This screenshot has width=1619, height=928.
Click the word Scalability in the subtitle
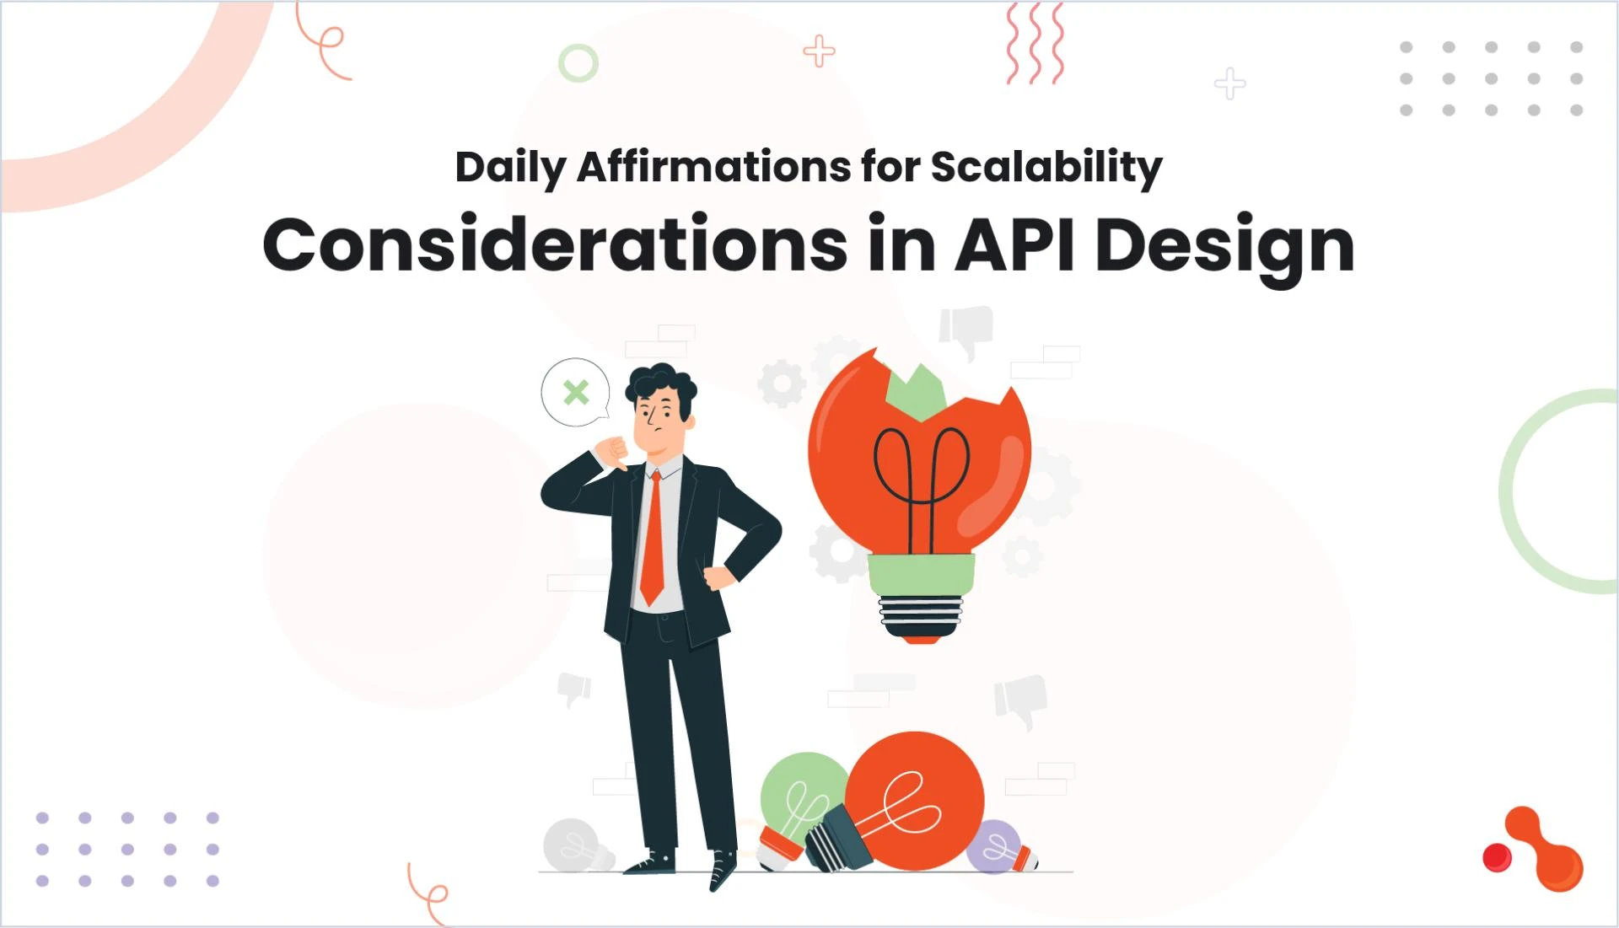(1046, 167)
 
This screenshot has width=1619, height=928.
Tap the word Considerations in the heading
(555, 245)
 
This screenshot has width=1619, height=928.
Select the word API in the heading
(1015, 245)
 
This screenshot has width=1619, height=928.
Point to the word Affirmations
(713, 167)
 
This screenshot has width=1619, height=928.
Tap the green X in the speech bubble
(576, 392)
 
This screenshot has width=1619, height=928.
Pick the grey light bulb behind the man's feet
(573, 845)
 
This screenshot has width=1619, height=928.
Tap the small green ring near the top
(578, 62)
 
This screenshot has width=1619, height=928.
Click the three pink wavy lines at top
(1035, 43)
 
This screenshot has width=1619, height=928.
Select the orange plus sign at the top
(819, 51)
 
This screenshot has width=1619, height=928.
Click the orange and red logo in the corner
(1536, 850)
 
